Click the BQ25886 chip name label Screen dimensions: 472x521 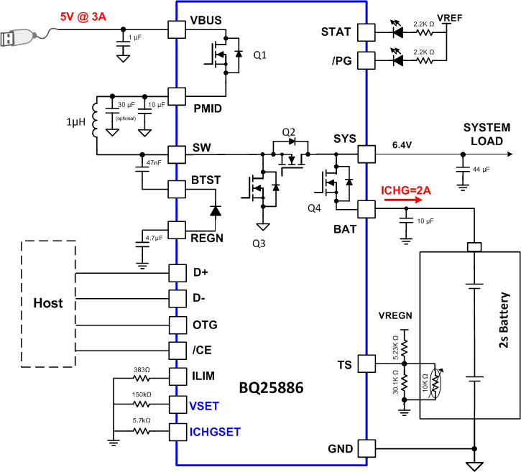pos(271,389)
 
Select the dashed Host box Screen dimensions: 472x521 pos(48,302)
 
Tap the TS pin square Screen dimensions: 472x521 pos(366,364)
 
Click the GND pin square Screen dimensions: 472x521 pos(366,448)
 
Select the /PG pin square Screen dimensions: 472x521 pos(366,61)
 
